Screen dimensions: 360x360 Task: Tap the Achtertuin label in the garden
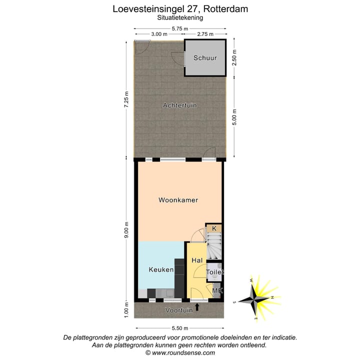click(180, 105)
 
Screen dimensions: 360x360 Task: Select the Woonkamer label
click(178, 200)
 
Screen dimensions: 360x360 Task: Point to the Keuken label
click(161, 270)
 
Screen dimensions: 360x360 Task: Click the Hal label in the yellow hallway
click(197, 260)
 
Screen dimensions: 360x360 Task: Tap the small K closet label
click(214, 228)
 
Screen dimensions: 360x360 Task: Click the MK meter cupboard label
click(216, 290)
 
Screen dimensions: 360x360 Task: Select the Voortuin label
click(179, 310)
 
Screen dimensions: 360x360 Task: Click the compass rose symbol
click(256, 299)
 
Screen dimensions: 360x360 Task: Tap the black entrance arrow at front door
click(197, 307)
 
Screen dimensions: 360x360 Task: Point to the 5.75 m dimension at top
click(180, 28)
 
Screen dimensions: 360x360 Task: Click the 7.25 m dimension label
click(127, 102)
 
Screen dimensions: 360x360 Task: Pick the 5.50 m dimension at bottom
click(179, 328)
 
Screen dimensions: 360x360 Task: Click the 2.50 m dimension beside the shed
click(235, 58)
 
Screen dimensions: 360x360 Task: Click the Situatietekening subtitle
click(180, 17)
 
